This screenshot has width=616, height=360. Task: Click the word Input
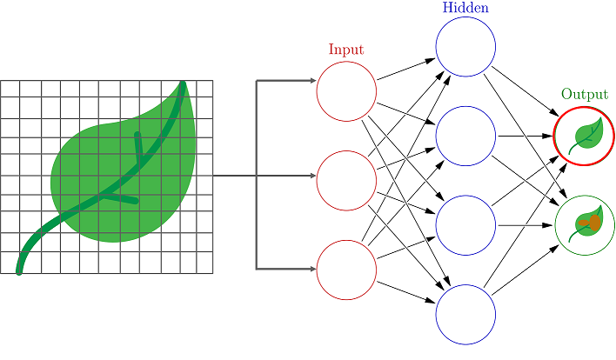346,50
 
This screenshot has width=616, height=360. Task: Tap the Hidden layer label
465,8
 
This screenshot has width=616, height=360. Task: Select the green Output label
585,94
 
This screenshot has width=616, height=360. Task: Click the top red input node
346,90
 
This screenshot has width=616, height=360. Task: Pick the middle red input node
346,180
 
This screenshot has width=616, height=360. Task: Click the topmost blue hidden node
465,46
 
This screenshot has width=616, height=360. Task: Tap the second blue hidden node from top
465,136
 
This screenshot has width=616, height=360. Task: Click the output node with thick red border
585,136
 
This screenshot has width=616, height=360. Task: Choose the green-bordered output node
585,224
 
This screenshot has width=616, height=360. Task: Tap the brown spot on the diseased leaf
589,223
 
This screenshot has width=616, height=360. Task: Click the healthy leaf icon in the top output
586,136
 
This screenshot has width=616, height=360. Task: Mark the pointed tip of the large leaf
184,83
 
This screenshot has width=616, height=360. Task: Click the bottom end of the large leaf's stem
19,270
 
